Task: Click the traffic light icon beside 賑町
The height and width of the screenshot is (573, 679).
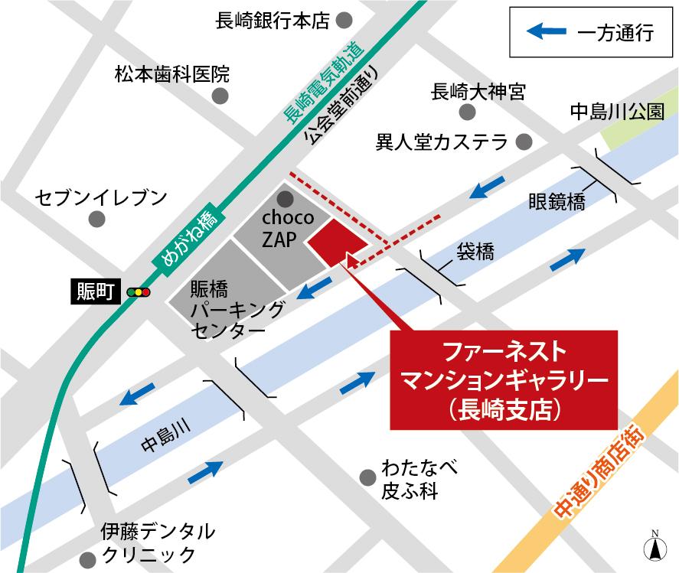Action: (x=139, y=291)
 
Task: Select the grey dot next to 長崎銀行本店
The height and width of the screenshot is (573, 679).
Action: (x=345, y=20)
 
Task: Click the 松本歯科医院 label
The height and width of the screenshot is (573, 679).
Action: (x=171, y=74)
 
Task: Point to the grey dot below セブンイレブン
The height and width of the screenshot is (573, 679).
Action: (x=96, y=220)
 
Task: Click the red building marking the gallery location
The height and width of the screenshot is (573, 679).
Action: (x=337, y=242)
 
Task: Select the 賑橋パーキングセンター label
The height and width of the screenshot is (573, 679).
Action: (x=227, y=310)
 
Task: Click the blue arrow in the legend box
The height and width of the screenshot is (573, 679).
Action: (x=548, y=32)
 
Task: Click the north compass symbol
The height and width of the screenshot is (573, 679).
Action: (x=654, y=545)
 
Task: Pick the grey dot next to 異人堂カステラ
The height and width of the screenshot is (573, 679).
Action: (x=524, y=142)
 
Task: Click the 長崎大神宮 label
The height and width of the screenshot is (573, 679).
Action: (x=478, y=93)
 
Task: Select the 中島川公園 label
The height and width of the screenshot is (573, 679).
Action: (x=617, y=112)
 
